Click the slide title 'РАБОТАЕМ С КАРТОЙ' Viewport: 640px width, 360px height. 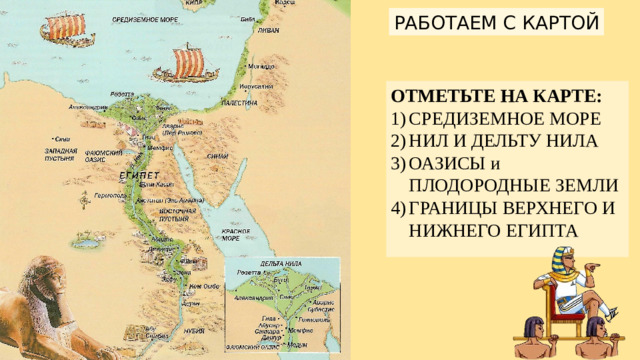pyautogui.click(x=497, y=21)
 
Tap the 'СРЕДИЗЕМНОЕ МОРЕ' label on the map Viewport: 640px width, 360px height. pyautogui.click(x=138, y=19)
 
